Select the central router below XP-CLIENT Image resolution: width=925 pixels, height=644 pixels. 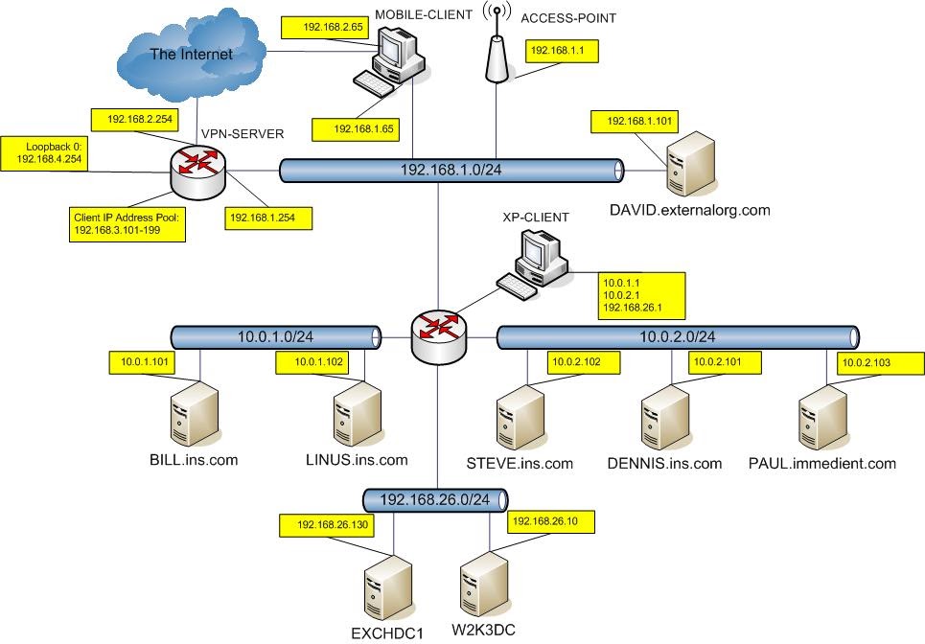(x=436, y=330)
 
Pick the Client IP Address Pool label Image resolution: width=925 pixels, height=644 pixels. (x=126, y=224)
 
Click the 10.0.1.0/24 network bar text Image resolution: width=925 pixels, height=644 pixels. (x=274, y=336)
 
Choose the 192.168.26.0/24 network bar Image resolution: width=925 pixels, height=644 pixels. (x=434, y=499)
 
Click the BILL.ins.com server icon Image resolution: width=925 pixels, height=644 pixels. (x=191, y=415)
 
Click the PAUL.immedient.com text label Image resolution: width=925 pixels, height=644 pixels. (x=821, y=464)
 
